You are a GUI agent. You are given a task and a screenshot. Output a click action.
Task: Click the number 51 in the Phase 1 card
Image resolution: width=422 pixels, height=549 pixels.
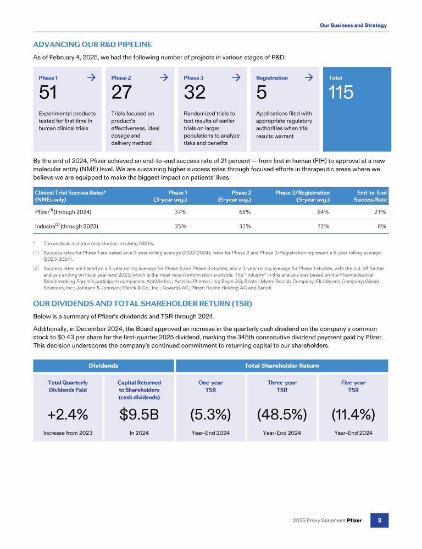click(x=48, y=93)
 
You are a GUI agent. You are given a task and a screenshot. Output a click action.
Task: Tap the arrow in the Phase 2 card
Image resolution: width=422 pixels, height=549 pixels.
click(x=163, y=77)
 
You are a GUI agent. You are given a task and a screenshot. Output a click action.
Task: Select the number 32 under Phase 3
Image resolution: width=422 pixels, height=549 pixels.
click(x=194, y=93)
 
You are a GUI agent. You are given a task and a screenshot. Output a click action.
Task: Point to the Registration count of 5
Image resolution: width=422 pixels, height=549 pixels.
click(x=261, y=93)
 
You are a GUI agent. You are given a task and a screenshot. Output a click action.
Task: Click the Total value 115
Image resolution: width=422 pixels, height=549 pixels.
click(x=341, y=93)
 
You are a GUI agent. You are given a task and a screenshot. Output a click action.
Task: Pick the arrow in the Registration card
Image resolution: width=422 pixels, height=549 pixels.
click(x=308, y=77)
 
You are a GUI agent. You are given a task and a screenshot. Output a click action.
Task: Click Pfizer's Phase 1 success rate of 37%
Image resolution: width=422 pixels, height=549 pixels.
click(x=180, y=212)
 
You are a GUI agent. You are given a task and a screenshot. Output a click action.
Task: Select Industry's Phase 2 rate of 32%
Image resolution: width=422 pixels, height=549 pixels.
click(x=245, y=226)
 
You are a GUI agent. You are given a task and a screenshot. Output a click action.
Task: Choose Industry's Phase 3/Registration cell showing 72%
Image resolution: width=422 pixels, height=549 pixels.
click(x=323, y=226)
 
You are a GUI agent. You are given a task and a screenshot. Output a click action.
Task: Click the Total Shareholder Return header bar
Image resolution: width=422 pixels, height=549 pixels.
click(x=281, y=366)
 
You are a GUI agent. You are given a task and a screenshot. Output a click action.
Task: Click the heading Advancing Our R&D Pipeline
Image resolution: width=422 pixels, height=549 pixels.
click(x=92, y=44)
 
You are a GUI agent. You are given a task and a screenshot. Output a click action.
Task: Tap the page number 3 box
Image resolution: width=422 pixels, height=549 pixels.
click(x=379, y=520)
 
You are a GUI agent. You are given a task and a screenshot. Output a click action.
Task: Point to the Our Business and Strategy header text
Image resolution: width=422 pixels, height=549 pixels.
click(x=353, y=25)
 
